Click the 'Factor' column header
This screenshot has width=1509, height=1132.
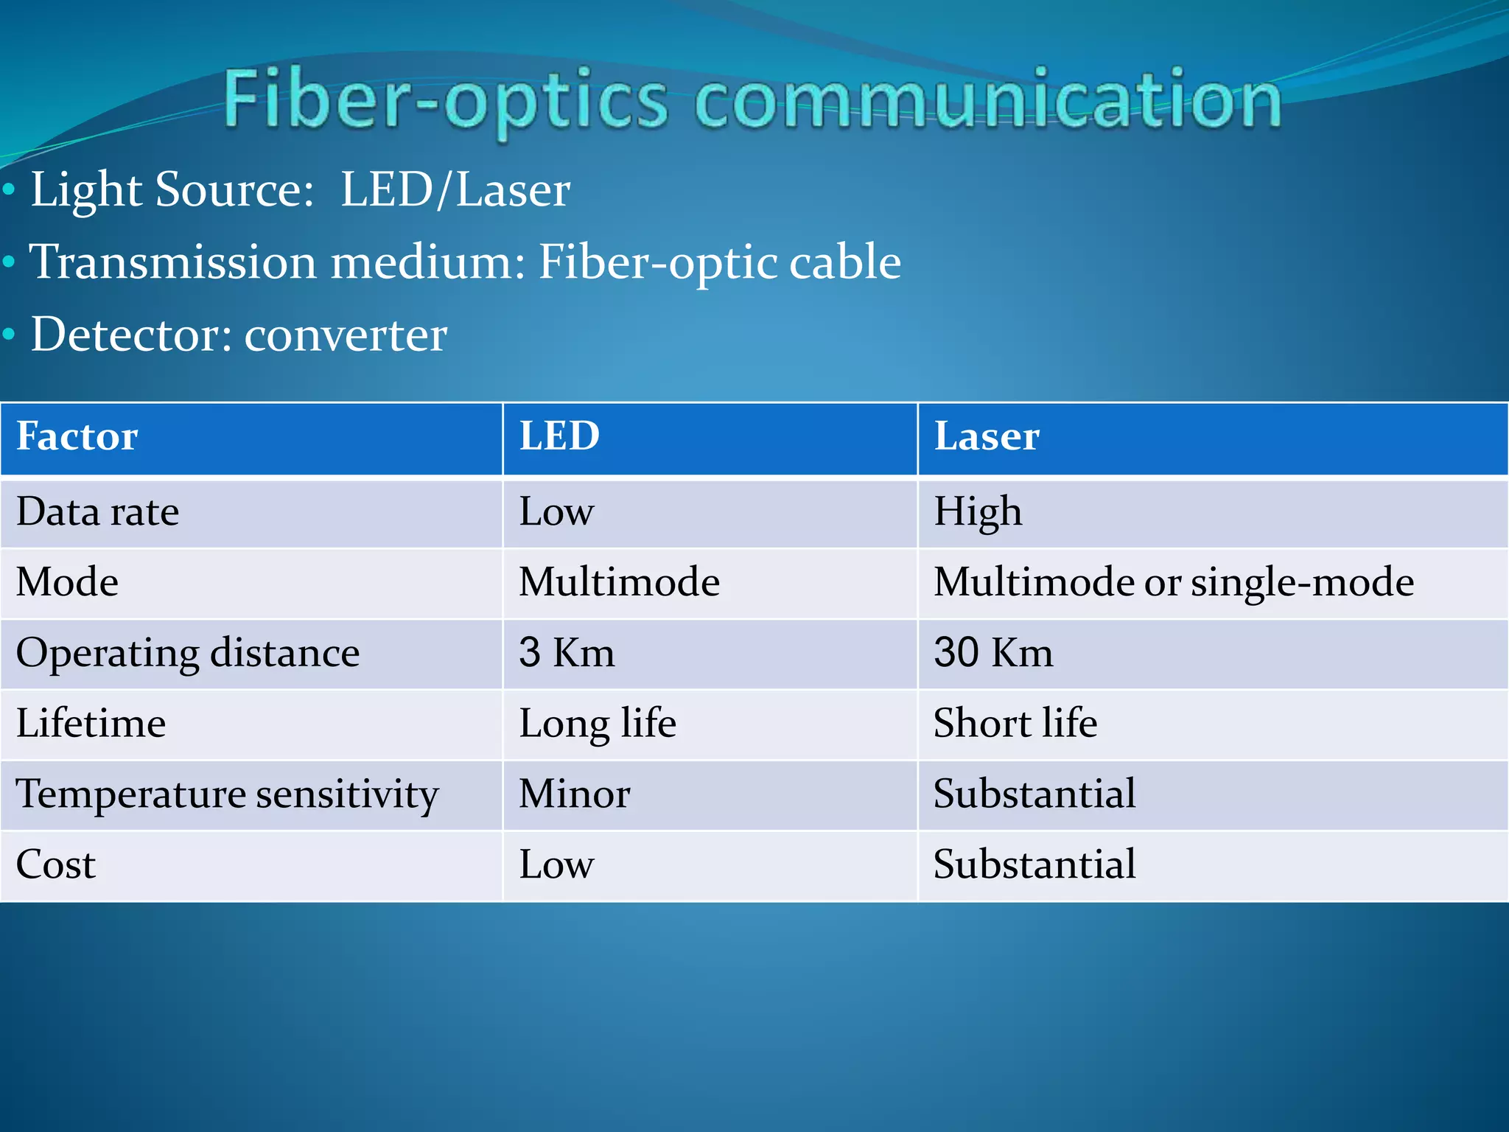tap(77, 436)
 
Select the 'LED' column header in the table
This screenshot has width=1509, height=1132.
tap(559, 436)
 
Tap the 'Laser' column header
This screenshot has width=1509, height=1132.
tap(987, 436)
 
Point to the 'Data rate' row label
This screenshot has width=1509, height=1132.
tap(98, 512)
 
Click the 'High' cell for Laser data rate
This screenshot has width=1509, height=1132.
tap(978, 512)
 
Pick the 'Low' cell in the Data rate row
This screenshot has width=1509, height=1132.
tap(556, 512)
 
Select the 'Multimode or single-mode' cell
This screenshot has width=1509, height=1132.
tap(1173, 582)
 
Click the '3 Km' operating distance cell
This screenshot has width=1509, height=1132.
tap(567, 653)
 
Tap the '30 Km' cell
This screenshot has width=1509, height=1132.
tap(993, 653)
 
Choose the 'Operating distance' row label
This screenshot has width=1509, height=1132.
tap(188, 653)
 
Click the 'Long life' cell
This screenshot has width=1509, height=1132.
tap(598, 724)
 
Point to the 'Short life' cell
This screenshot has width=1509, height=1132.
tap(1015, 724)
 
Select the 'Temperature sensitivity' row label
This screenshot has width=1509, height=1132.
tap(227, 794)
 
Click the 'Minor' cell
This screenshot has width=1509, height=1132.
tap(575, 794)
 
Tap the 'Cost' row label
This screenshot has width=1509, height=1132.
tap(56, 865)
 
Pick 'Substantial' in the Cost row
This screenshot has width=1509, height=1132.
tap(1034, 865)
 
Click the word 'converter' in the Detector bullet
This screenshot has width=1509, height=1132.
tap(346, 335)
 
